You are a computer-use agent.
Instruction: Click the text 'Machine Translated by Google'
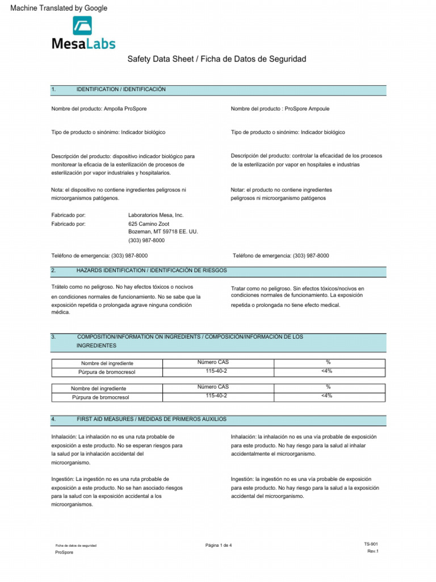(55, 8)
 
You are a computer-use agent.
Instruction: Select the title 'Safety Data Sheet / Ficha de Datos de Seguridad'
(217, 59)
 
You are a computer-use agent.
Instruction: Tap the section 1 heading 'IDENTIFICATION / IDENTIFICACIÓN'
(121, 90)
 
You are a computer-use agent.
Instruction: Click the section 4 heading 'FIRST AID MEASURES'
(151, 419)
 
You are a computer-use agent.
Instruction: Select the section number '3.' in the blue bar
(53, 337)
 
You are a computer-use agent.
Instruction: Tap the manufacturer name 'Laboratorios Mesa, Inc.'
(156, 215)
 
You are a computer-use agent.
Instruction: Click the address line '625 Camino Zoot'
(149, 224)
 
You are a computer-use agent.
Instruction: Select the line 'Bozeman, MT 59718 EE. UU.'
(163, 232)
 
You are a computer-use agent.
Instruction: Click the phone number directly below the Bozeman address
(146, 240)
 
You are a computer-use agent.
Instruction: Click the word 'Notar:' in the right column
(238, 189)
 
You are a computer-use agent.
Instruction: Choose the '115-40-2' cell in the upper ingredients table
(216, 371)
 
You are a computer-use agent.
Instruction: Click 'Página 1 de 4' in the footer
(219, 546)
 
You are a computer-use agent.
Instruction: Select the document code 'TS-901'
(371, 544)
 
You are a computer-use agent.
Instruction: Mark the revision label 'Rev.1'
(373, 551)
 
